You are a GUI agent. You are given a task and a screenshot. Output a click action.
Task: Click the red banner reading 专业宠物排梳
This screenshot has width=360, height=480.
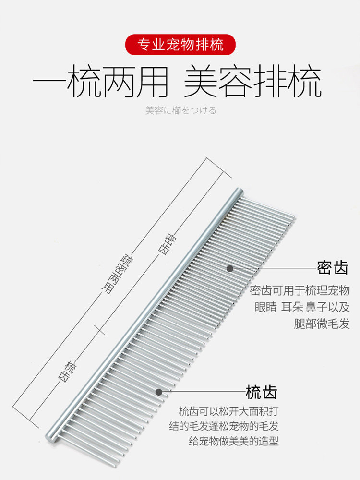click(x=180, y=45)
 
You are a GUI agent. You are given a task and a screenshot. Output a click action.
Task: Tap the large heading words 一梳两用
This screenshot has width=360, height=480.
click(x=101, y=83)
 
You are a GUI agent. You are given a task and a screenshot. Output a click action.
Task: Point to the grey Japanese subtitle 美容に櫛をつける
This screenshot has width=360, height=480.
click(x=180, y=110)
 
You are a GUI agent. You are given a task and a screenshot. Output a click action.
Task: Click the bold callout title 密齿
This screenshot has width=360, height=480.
click(x=332, y=268)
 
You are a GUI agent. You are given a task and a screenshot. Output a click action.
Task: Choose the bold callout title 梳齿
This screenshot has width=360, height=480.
click(x=262, y=392)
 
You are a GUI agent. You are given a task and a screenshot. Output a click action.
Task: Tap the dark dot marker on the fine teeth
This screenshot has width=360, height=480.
click(x=230, y=268)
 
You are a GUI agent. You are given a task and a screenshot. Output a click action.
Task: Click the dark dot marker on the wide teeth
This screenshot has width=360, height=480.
click(x=159, y=392)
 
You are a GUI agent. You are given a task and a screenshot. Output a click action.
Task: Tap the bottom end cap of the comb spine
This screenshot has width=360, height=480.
click(x=50, y=437)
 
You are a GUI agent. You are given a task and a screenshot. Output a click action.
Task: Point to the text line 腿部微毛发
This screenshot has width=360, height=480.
click(x=322, y=324)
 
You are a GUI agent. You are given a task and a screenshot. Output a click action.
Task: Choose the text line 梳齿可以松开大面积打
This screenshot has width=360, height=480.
click(x=228, y=411)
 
